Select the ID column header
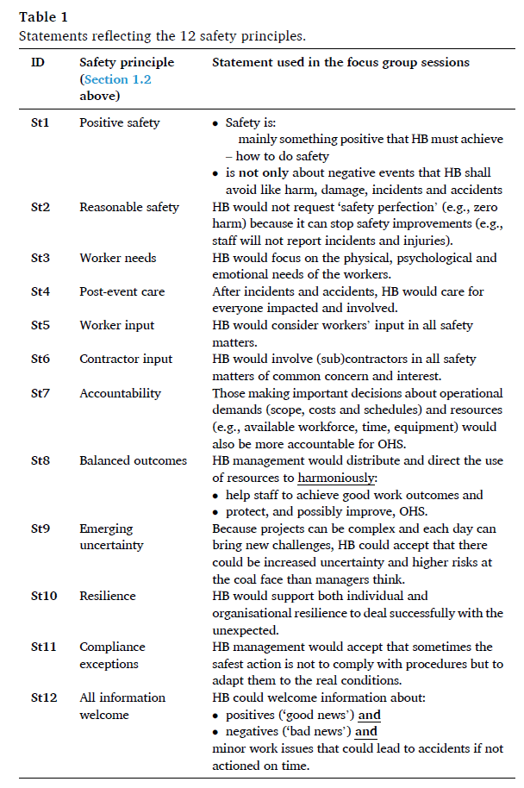(x=39, y=63)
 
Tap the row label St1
(x=41, y=122)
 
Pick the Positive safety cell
(x=120, y=122)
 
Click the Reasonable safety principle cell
(x=129, y=207)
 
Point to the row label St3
(x=41, y=258)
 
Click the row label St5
(x=41, y=325)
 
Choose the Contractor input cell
(x=126, y=359)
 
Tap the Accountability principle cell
(x=120, y=393)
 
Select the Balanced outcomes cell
(x=133, y=460)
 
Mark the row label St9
(x=41, y=528)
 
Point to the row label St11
(x=43, y=647)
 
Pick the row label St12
(x=43, y=697)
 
